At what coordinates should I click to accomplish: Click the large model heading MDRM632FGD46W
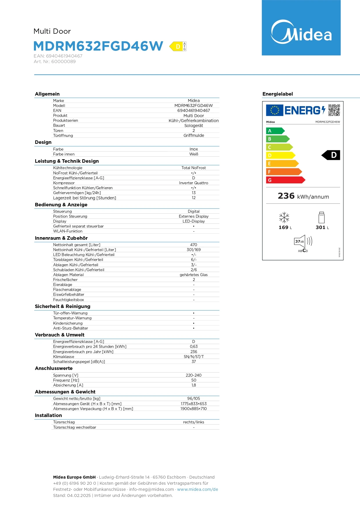[98, 46]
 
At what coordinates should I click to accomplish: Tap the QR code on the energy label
[334, 110]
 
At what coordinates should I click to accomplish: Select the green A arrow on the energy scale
[275, 131]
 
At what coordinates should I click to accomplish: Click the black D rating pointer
[331, 155]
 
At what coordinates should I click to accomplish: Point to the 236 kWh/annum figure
[303, 196]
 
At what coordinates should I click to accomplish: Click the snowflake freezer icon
[284, 217]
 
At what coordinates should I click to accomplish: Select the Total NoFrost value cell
[194, 168]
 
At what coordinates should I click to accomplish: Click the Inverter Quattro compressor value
[194, 183]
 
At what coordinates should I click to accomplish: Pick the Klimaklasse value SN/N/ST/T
[194, 357]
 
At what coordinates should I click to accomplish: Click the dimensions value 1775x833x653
[194, 404]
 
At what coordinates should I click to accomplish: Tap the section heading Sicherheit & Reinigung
[62, 307]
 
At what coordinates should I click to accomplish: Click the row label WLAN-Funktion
[68, 231]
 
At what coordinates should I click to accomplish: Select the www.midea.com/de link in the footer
[197, 489]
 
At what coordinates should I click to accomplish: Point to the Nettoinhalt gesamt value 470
[194, 245]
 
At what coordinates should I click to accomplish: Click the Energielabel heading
[278, 94]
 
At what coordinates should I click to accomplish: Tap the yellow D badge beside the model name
[177, 46]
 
